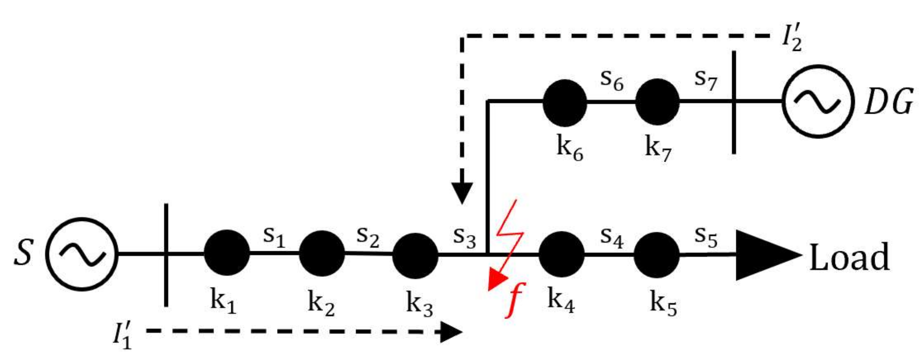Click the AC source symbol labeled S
pyautogui.click(x=82, y=254)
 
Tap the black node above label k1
pyautogui.click(x=227, y=253)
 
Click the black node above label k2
pyautogui.click(x=322, y=253)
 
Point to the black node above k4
pyautogui.click(x=562, y=254)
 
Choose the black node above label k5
pyautogui.click(x=657, y=255)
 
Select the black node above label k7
pyautogui.click(x=657, y=102)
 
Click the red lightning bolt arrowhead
pyautogui.click(x=496, y=280)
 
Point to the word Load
pyautogui.click(x=850, y=257)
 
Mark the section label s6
pyautogui.click(x=612, y=80)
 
